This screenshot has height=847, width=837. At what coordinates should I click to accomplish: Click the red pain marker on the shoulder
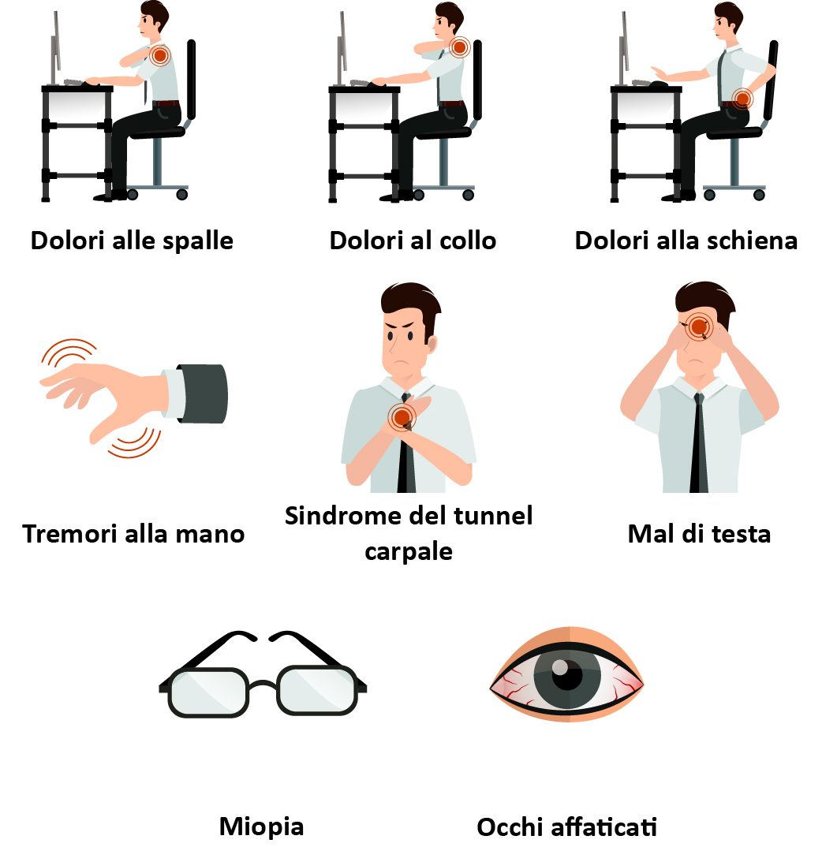160,56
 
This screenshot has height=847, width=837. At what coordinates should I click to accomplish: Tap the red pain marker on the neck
460,47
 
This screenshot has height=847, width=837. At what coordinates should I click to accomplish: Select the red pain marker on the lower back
742,99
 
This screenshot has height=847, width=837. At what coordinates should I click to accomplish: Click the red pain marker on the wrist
402,417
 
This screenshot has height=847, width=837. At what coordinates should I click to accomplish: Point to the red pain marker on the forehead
699,326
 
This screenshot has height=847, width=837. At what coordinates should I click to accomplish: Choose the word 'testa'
742,534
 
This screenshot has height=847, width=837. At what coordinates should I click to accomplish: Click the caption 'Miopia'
262,827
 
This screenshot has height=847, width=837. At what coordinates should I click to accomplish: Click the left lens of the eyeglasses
208,692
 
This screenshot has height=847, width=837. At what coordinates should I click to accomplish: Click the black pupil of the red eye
568,675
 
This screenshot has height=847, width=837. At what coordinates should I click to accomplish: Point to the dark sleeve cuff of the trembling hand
202,394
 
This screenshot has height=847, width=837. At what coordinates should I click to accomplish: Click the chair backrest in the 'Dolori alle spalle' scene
191,80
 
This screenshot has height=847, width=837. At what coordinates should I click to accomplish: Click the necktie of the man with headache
699,443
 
